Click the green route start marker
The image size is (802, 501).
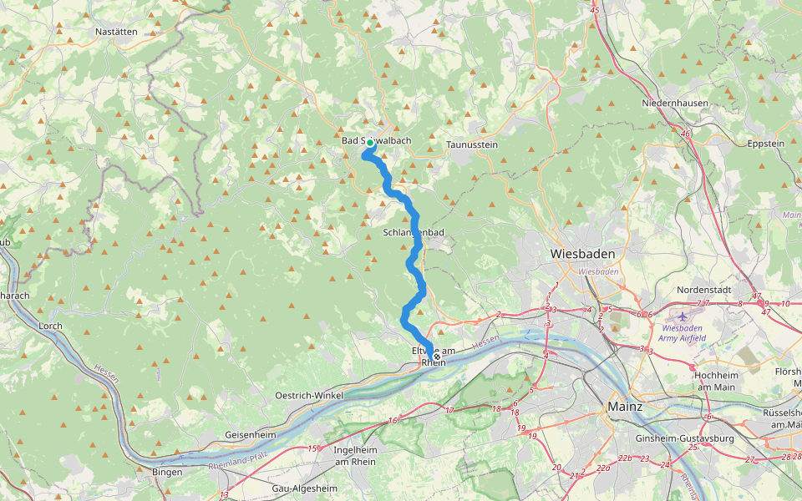click(x=369, y=143)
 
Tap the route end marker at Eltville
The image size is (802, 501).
click(x=436, y=357)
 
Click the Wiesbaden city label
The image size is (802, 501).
click(x=582, y=254)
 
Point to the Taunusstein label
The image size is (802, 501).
click(x=472, y=144)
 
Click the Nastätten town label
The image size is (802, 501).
click(x=116, y=31)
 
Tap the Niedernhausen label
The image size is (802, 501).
click(x=675, y=104)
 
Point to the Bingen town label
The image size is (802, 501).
click(x=167, y=472)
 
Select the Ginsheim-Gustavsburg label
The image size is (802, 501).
click(x=684, y=438)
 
